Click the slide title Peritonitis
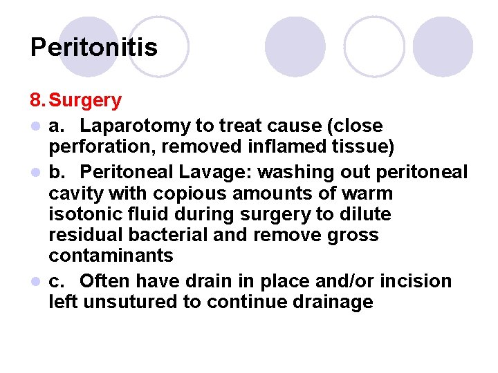coord(94,48)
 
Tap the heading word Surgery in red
coord(86,101)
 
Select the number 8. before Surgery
coord(39,101)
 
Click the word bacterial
coord(158,235)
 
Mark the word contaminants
coord(111,256)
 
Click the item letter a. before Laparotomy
coord(57,126)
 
